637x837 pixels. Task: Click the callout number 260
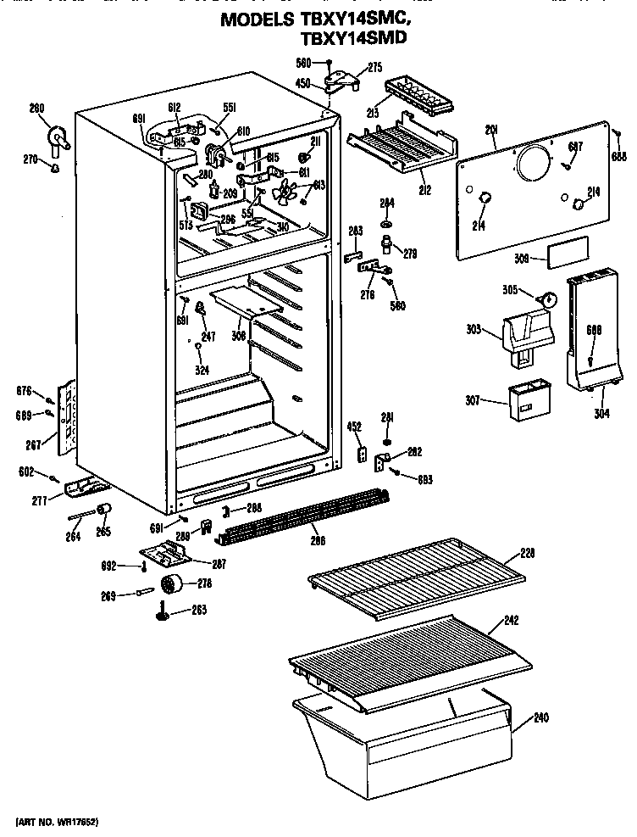(36, 108)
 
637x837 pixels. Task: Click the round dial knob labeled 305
(548, 299)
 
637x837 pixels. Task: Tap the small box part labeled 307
(524, 401)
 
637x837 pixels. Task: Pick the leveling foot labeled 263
(160, 613)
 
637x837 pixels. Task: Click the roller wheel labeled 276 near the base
(174, 583)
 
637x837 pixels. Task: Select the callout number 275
(374, 69)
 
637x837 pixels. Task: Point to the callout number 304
(601, 415)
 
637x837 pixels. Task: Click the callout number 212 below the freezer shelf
(425, 190)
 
